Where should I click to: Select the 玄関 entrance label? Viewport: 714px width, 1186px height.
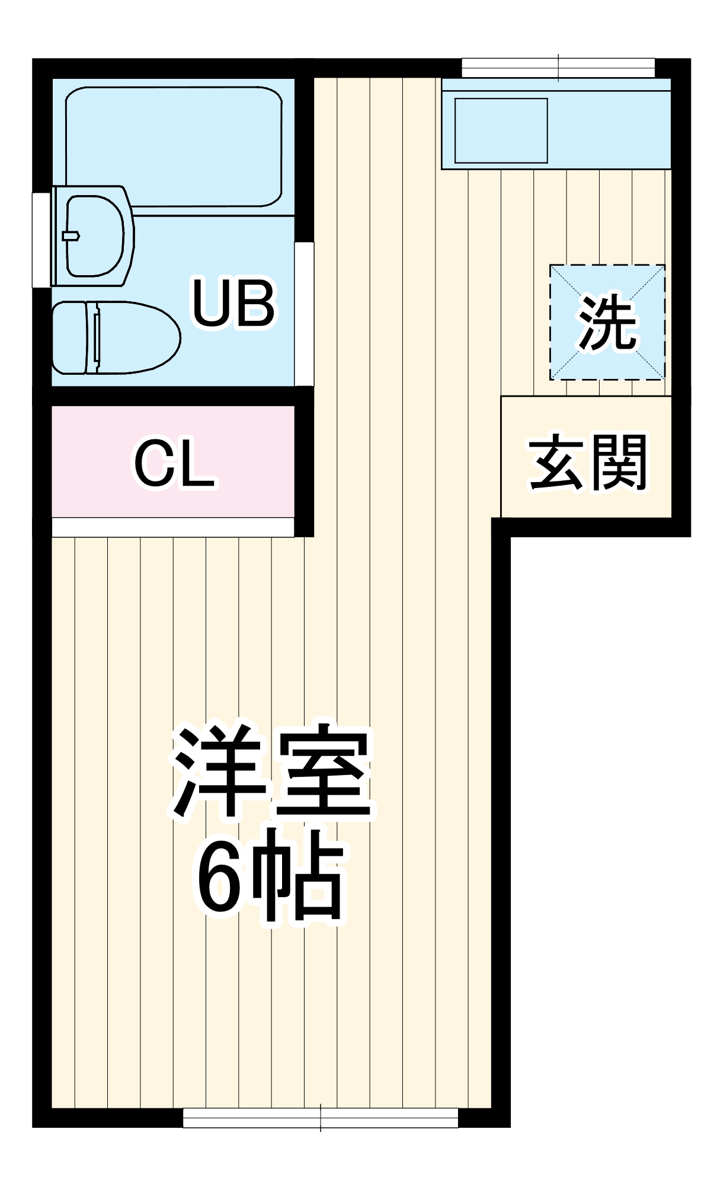[587, 463]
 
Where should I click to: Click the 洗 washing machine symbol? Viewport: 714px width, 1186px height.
[607, 322]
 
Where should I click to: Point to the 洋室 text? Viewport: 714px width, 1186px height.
[272, 771]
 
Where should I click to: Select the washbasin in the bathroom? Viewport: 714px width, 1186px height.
[95, 236]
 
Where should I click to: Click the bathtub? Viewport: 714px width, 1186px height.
[173, 146]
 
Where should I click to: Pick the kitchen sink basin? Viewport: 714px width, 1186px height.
[501, 130]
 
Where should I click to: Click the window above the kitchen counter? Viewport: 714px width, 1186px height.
[558, 68]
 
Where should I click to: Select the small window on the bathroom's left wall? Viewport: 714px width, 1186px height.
[41, 240]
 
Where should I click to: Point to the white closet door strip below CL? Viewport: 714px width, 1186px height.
[173, 527]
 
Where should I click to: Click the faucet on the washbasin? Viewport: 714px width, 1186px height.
[71, 235]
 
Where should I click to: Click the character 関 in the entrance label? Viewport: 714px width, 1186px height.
[619, 463]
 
